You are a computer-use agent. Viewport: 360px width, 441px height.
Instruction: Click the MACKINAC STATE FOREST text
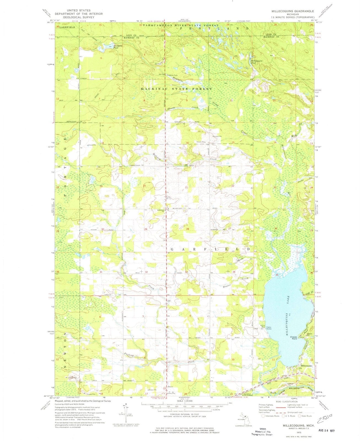point(176,89)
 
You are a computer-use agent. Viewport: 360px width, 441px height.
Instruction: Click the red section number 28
point(188,229)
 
